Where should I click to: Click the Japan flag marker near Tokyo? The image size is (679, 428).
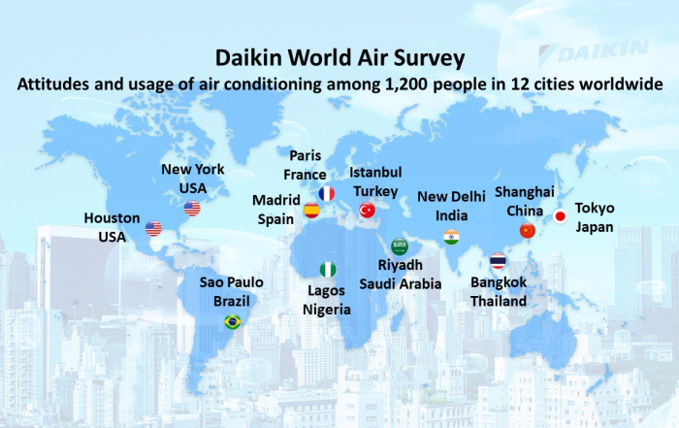560,216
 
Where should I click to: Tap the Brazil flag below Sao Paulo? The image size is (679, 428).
233,321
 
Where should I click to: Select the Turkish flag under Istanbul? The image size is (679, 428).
368,210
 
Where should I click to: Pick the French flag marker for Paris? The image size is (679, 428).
327,194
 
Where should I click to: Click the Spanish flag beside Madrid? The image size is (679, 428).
311,211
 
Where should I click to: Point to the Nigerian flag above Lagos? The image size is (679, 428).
328,270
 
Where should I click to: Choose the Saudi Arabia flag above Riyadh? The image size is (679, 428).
400,247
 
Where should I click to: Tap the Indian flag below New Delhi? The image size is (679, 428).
451,238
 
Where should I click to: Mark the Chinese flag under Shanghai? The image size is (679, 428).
528,230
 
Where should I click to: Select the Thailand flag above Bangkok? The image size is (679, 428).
498,261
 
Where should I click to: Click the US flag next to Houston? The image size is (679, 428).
153,228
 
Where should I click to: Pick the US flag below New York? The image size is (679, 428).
192,209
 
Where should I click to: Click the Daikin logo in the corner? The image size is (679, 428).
594,51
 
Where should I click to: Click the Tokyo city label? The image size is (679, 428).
595,209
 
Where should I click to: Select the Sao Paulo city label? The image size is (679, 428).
231,282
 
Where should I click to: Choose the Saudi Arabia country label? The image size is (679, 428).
400,284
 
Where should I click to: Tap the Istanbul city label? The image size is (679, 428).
375,173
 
